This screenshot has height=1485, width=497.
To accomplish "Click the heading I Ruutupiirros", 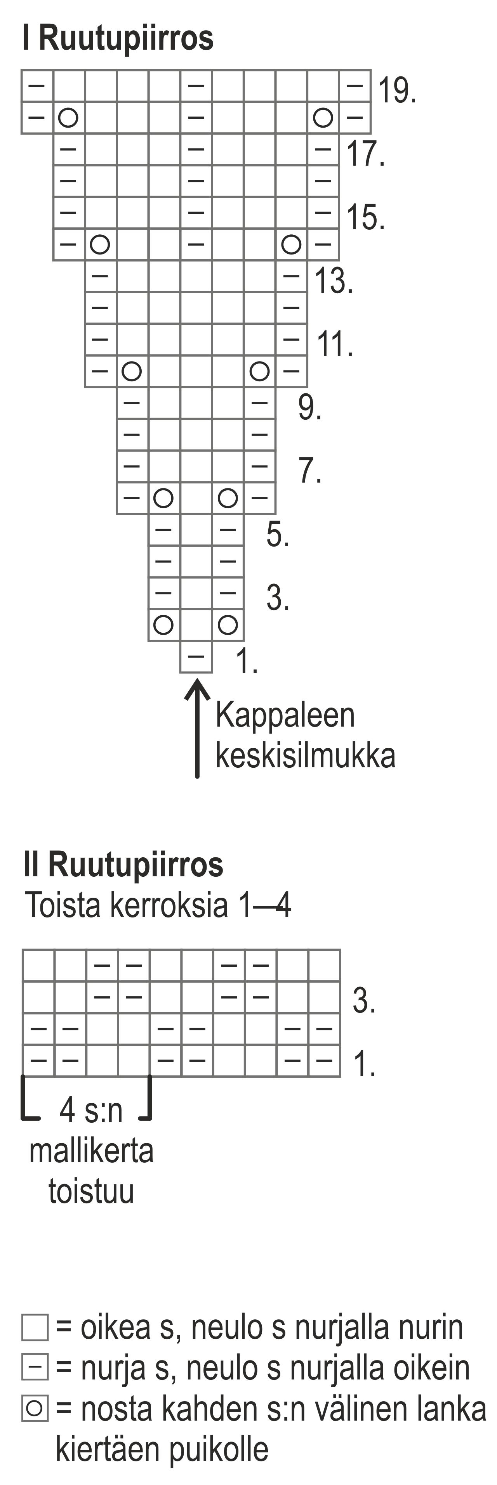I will [x=118, y=38].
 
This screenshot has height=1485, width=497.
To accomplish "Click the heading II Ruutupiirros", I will [x=123, y=864].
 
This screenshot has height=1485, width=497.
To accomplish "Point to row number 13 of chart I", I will [x=333, y=281].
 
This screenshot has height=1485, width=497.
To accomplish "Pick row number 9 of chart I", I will [x=309, y=408].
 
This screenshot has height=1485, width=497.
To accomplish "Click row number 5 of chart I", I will [x=278, y=535].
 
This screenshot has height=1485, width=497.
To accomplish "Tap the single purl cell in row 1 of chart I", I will [x=196, y=657].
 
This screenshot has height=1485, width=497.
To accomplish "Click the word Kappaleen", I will [x=285, y=715].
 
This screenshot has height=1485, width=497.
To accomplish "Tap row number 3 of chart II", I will [x=364, y=1000].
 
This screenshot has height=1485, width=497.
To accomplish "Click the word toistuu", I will [x=91, y=1191].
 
